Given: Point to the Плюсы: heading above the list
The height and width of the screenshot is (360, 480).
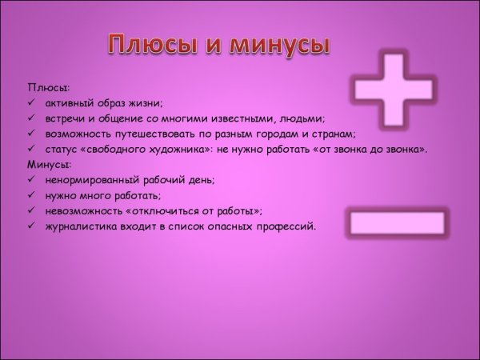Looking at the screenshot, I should (48, 86).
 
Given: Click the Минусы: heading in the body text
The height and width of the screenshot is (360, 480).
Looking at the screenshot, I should (50, 164).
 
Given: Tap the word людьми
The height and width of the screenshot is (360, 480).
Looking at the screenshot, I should (302, 118).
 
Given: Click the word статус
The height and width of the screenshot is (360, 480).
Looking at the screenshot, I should (63, 149).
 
